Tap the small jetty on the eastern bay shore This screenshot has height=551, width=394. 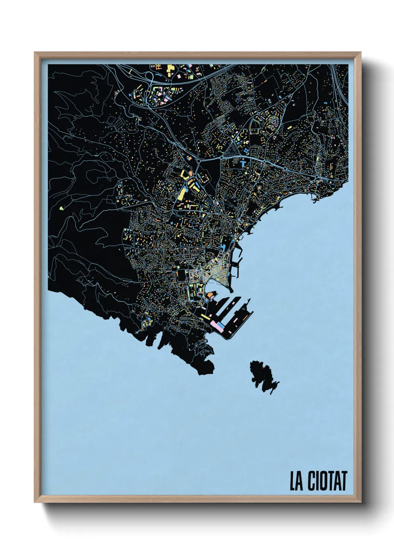pos(315,201)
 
